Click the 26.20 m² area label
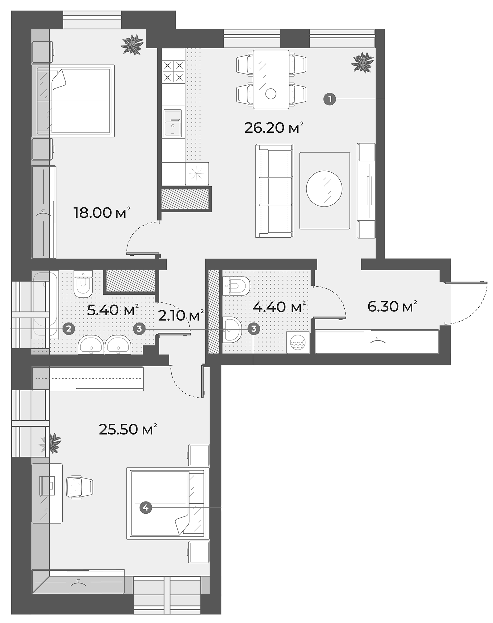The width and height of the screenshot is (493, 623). (x=274, y=128)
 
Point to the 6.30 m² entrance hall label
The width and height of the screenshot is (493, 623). (x=392, y=307)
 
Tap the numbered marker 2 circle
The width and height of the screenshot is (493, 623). (x=69, y=328)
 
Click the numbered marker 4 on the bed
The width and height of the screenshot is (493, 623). (x=145, y=508)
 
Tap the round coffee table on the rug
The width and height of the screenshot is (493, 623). (x=324, y=188)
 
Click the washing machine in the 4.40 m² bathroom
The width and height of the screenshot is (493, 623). (x=298, y=342)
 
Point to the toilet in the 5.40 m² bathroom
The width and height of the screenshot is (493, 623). (x=83, y=283)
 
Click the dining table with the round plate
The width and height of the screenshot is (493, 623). (x=270, y=79)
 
